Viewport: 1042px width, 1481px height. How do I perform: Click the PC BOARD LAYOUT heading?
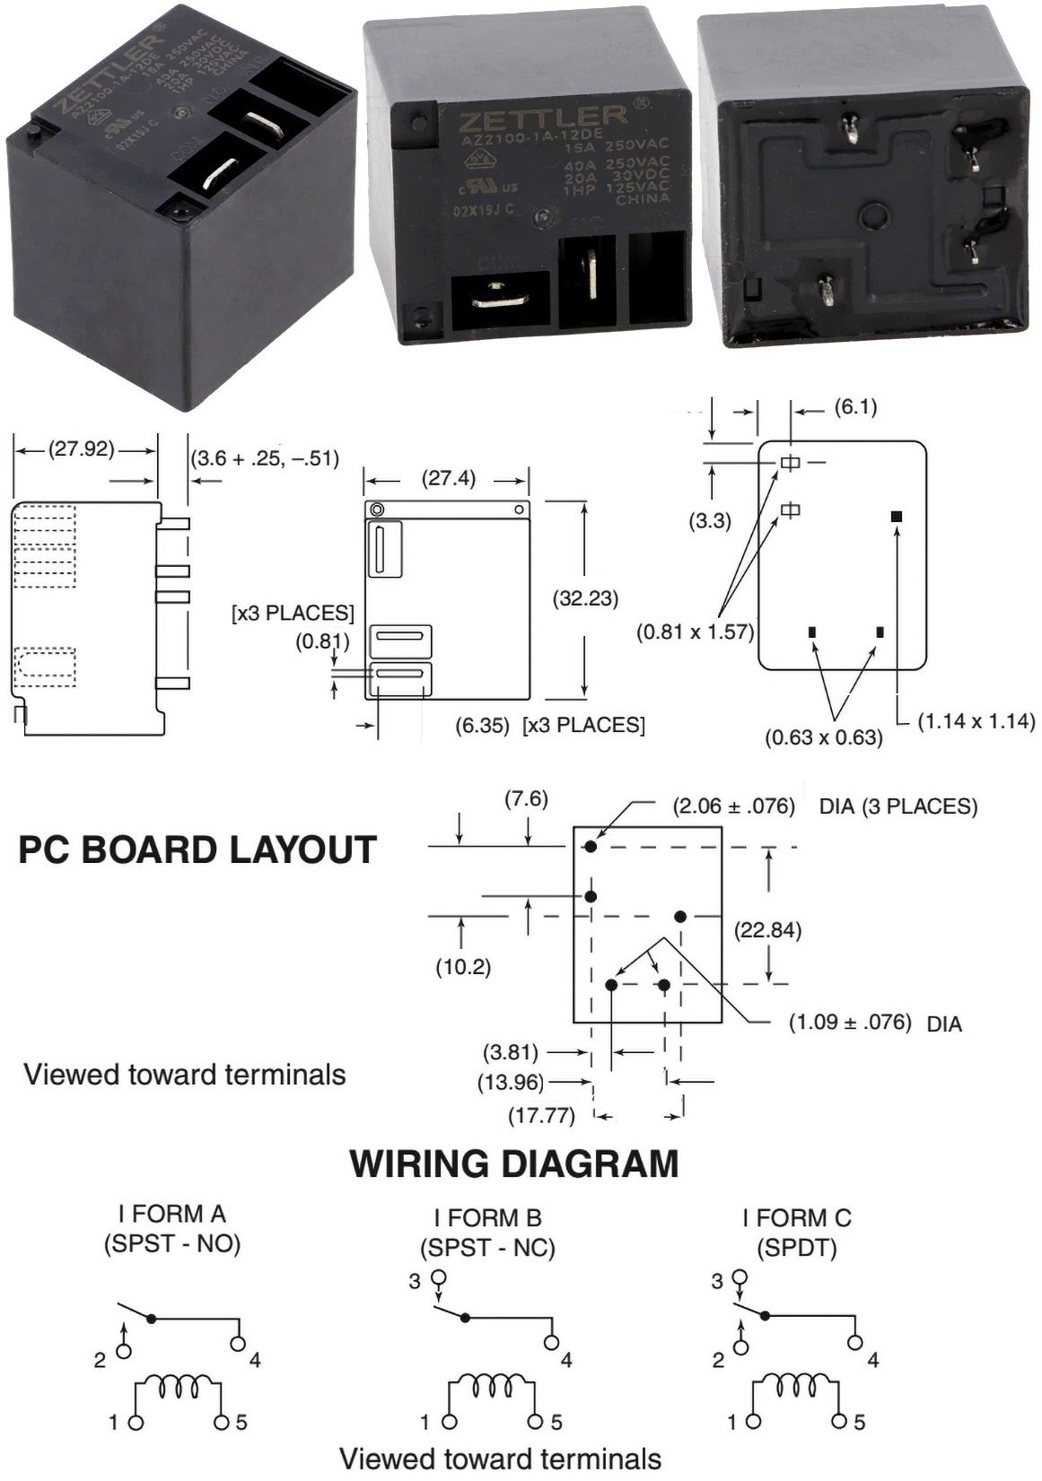coord(197,850)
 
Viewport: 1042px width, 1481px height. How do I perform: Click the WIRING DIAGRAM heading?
coord(513,1163)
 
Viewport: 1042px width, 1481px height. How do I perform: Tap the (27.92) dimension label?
coord(82,449)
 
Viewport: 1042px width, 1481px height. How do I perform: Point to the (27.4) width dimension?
coord(449,478)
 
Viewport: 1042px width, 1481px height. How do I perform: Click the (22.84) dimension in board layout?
coord(767,930)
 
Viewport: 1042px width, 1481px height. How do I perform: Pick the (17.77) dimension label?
coord(542,1116)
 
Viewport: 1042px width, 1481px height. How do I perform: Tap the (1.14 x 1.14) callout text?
coord(976,720)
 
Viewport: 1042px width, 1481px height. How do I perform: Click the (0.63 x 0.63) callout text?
coord(824,737)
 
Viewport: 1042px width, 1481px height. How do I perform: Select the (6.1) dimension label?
coord(855,407)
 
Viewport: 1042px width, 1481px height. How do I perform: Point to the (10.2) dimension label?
coord(463,967)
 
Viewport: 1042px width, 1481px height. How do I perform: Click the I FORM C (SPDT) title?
coord(797,1233)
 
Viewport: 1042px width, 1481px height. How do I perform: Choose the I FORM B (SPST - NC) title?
coord(488,1233)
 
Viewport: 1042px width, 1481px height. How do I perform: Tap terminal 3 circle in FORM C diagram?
coord(740,1277)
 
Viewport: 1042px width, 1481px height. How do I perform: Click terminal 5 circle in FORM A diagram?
coord(222,1423)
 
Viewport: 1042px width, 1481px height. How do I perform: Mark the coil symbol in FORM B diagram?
coord(492,1387)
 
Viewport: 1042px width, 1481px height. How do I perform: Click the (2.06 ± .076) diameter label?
coord(734,806)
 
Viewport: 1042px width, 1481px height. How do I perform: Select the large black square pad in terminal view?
coord(896,517)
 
